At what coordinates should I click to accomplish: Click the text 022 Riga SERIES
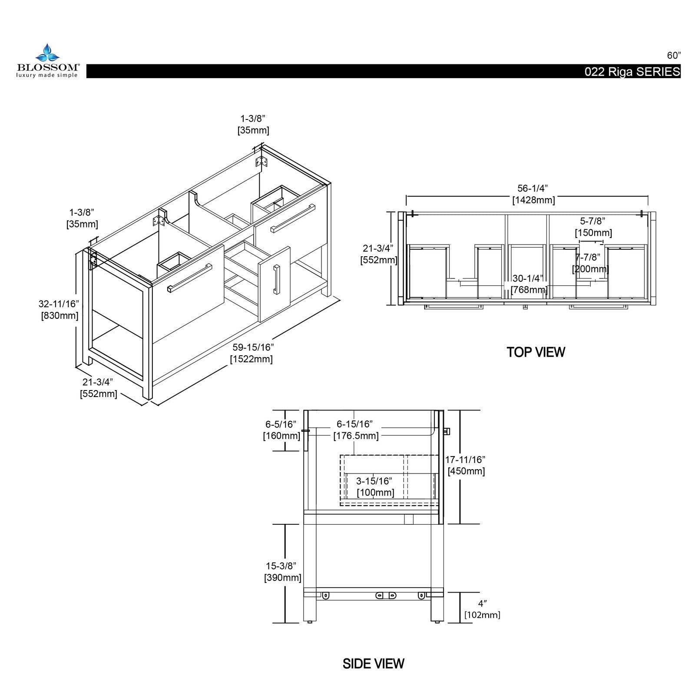pos(632,72)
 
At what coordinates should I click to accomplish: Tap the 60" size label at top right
pos(674,56)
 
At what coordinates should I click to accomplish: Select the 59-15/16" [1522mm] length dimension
pos(252,353)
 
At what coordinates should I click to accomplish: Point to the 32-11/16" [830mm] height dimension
pos(59,309)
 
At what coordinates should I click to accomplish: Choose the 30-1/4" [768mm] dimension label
pos(528,284)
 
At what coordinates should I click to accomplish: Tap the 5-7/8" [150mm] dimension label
pos(593,227)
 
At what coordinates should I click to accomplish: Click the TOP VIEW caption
pos(536,352)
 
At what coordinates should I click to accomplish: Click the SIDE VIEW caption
pos(373,663)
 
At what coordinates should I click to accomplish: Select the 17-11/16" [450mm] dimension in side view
pos(466,465)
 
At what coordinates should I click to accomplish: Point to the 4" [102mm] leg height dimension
pos(482,609)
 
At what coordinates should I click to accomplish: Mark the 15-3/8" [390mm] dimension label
pos(282,572)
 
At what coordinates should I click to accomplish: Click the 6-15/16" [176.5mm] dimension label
pos(355,430)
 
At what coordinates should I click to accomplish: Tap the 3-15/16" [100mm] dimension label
pos(375,487)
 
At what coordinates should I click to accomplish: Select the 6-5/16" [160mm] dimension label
pos(281,430)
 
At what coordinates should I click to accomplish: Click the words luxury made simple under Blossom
pos(47,75)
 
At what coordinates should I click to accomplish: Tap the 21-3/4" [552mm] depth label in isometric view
pos(98,388)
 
